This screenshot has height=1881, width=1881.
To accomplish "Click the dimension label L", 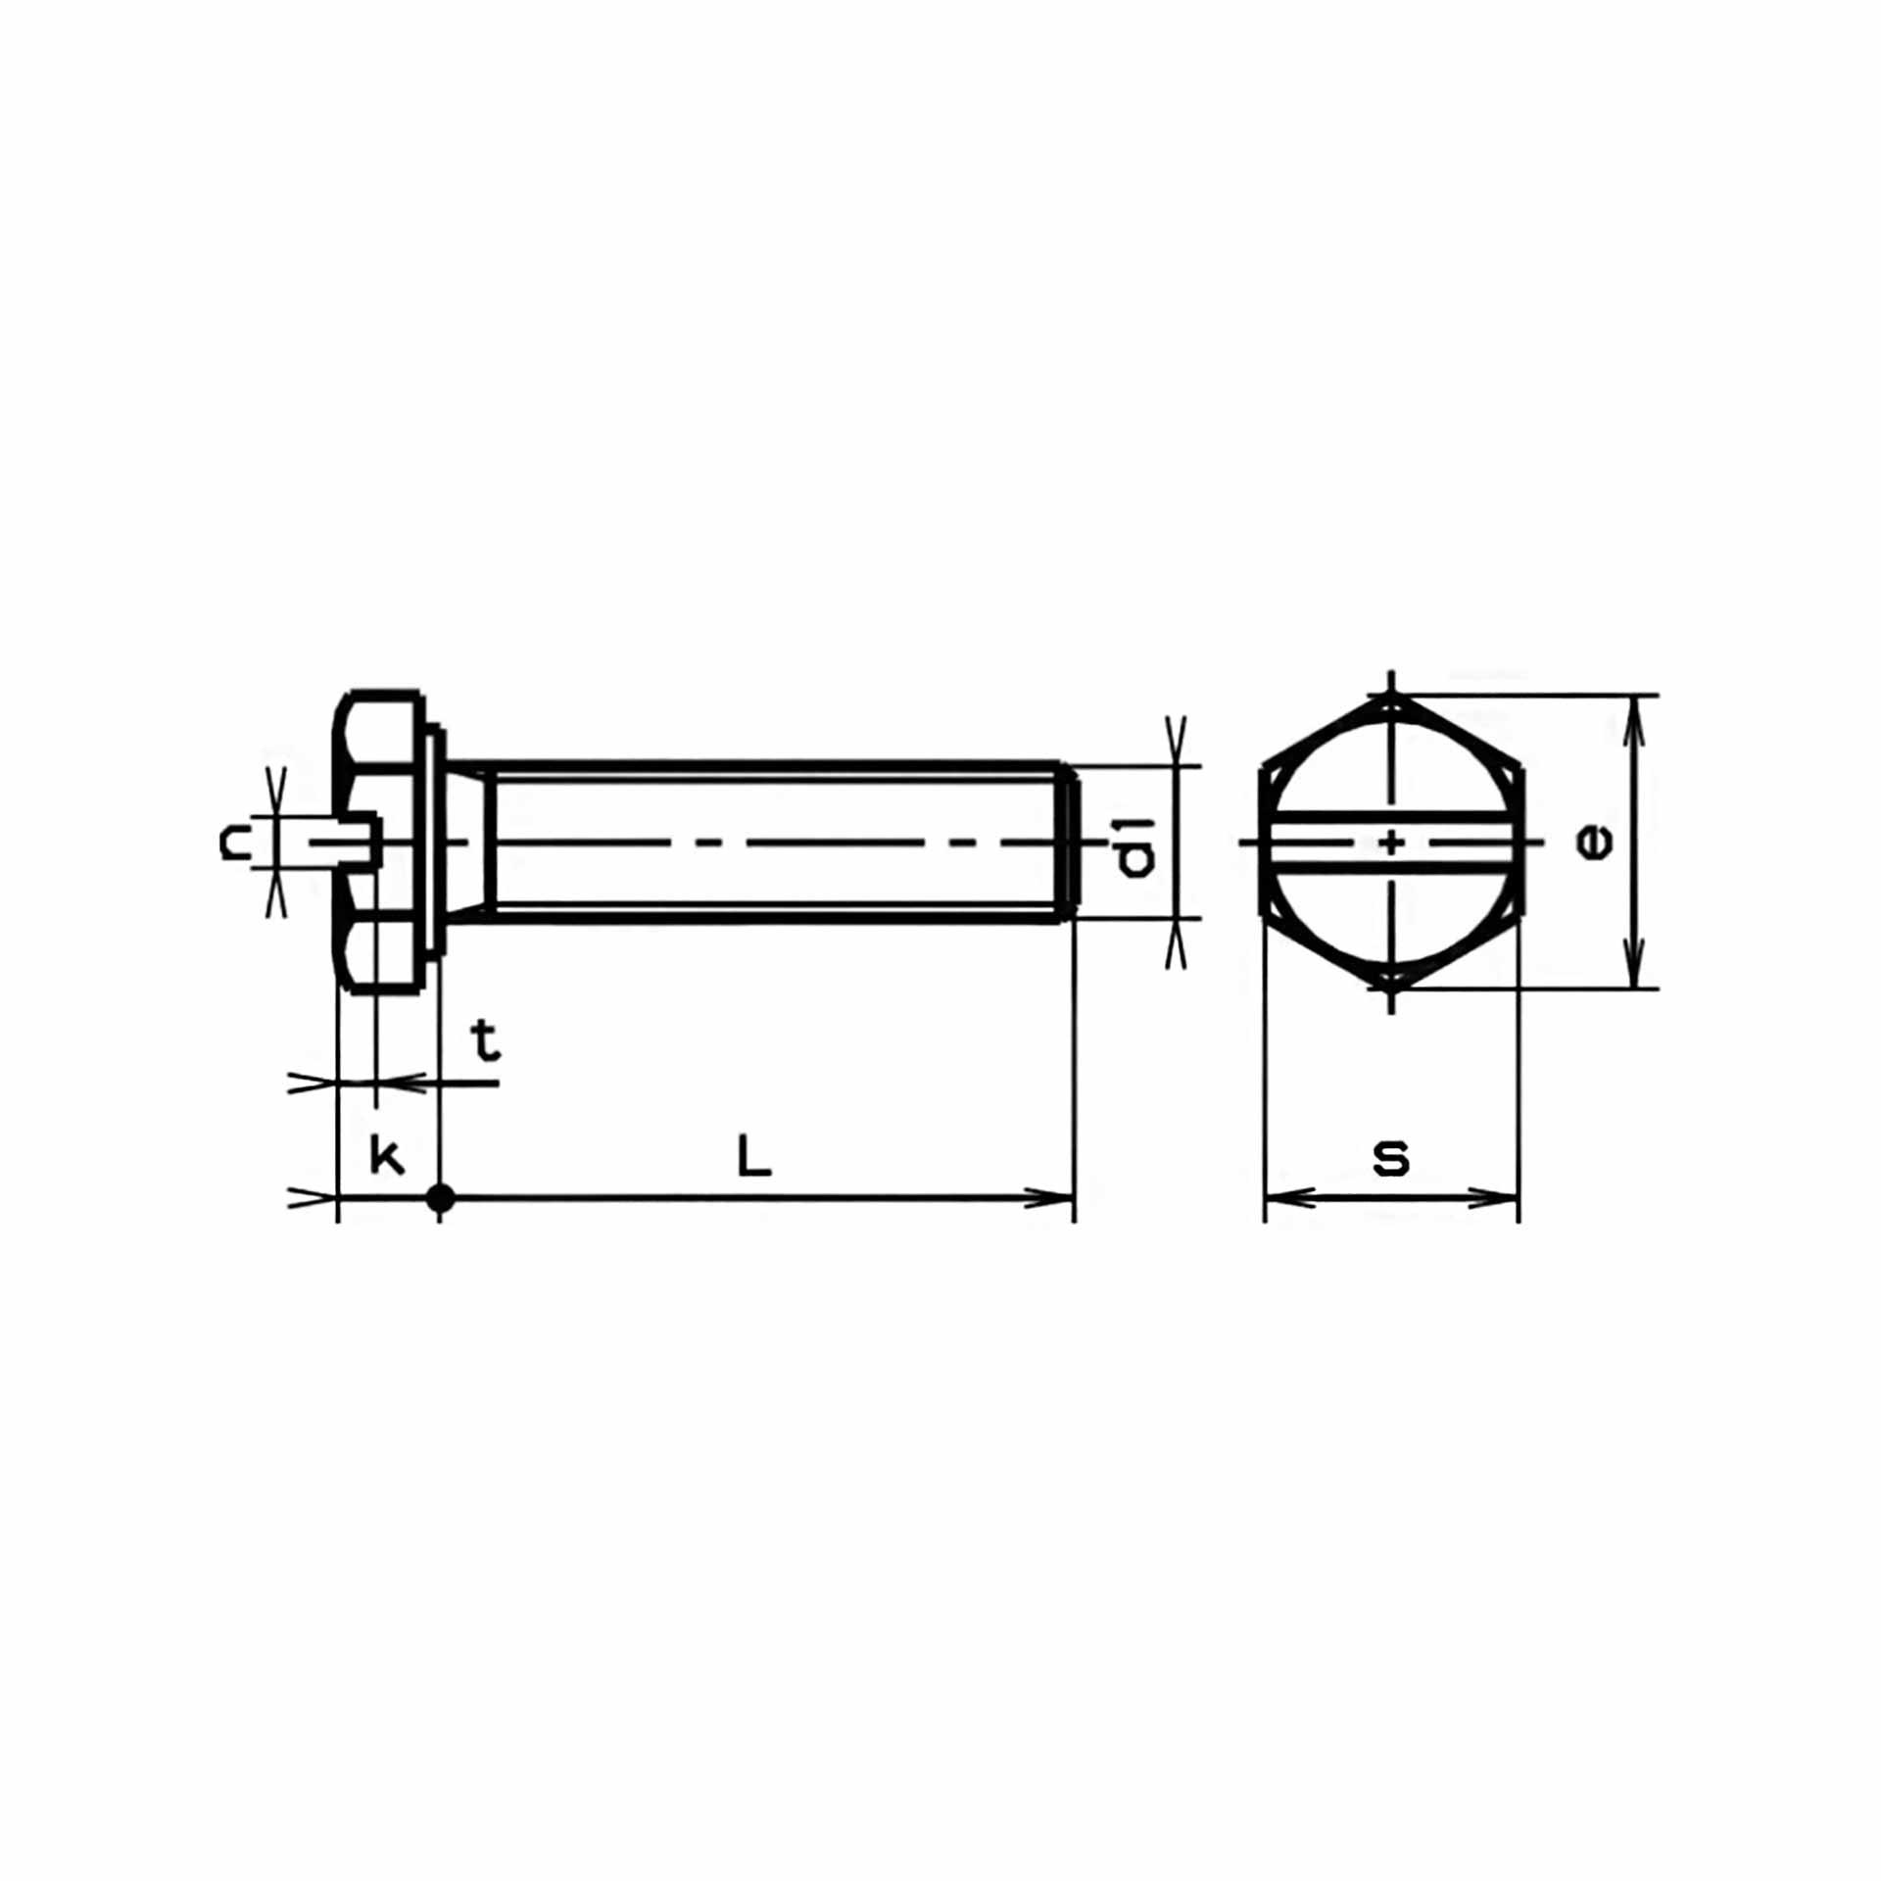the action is coord(753,1156).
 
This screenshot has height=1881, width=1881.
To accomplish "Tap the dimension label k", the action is coord(387,1156).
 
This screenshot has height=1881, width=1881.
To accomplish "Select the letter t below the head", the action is coord(486,1041).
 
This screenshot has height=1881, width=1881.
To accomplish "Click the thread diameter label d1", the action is coord(1136,845).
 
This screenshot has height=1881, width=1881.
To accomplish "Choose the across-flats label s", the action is coord(1391,1157).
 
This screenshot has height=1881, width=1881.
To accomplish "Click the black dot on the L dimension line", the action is coord(440,1197).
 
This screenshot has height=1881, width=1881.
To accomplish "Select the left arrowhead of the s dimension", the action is coord(1289,1197).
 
